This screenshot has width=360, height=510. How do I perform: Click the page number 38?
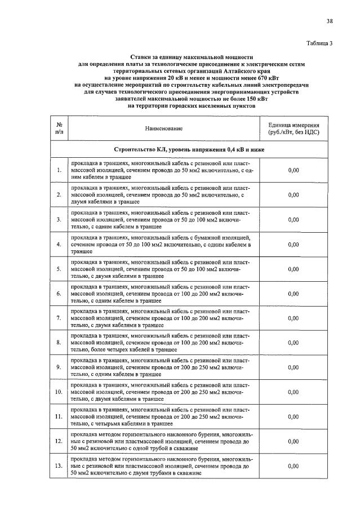point(329,21)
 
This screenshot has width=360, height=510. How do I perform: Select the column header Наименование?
point(164,128)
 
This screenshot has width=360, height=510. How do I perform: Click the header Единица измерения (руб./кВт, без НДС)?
point(294,128)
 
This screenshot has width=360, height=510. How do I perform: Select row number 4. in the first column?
point(59,244)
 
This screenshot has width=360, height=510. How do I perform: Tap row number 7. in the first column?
point(59,318)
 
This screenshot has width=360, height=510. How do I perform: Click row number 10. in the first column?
point(59,392)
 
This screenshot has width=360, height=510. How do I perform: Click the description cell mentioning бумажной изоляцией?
point(161,244)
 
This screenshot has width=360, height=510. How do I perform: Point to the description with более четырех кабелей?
point(161,343)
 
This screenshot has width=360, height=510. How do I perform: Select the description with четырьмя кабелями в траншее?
point(161,416)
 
